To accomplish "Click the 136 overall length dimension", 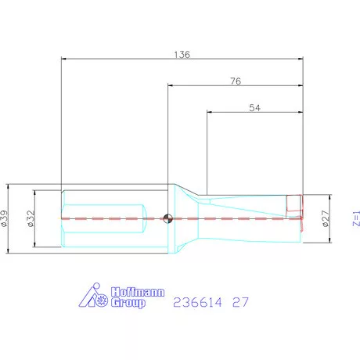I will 182,55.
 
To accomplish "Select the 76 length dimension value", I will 235,82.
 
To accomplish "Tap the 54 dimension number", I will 254,110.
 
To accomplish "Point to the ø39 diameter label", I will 5,219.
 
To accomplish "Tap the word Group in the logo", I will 129,302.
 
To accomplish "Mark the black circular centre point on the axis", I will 167,219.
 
